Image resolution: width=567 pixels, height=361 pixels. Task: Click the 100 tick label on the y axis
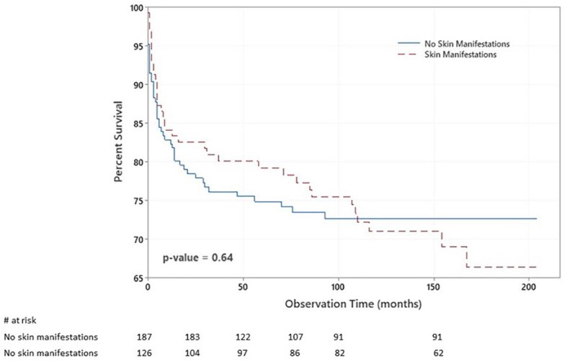point(135,8)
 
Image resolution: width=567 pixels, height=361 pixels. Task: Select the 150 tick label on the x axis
point(434,288)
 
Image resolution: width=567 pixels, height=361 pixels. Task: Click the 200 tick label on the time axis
point(530,288)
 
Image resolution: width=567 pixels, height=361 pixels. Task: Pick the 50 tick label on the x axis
point(243,288)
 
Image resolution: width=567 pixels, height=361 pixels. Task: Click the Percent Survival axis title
point(118,144)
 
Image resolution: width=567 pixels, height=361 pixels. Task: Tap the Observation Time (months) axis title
point(341,303)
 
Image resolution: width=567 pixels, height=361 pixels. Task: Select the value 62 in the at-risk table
point(434,352)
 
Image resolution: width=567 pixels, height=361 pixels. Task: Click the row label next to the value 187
point(50,337)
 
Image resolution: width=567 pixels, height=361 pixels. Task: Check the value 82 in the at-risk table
point(337,352)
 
